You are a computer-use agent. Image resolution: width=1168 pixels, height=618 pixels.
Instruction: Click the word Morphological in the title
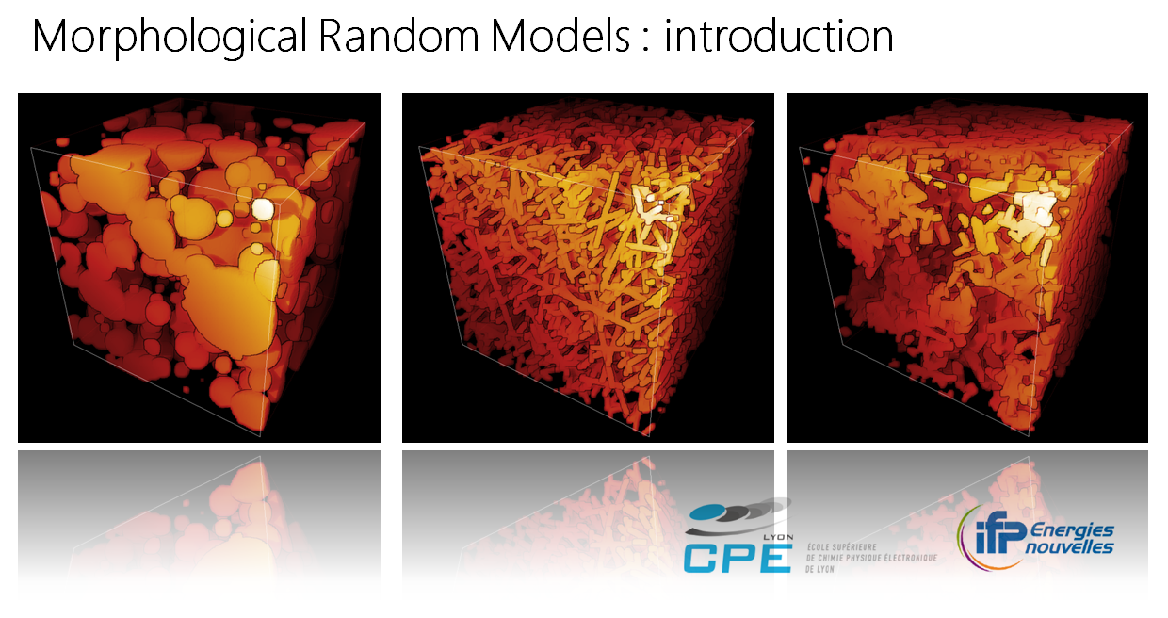170,38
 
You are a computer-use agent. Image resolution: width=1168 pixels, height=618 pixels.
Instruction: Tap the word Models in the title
560,36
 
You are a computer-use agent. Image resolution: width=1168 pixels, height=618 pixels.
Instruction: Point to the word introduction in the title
779,37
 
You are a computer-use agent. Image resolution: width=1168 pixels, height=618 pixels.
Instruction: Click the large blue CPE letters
738,559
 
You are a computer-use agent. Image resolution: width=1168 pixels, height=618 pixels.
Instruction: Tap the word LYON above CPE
778,537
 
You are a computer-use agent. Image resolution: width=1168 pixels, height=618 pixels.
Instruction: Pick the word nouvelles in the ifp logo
1069,547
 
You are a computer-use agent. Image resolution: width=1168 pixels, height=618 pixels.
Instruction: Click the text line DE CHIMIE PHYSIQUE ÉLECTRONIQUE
871,558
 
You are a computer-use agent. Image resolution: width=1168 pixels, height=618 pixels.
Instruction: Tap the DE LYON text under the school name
819,569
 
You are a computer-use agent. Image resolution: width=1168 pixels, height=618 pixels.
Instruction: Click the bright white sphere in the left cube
263,209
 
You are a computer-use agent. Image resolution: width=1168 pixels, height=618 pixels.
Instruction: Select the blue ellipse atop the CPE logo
707,512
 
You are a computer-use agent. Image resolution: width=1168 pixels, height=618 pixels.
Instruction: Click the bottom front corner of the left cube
261,436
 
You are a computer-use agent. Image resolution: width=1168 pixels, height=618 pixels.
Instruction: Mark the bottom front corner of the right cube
1029,436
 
